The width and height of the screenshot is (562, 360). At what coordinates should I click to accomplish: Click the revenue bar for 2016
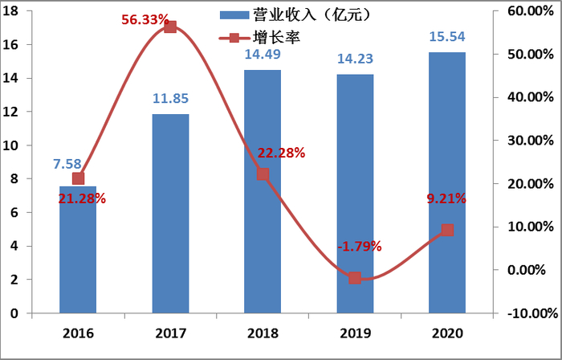pyautogui.click(x=78, y=249)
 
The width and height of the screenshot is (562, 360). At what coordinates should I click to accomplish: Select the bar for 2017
pyautogui.click(x=170, y=213)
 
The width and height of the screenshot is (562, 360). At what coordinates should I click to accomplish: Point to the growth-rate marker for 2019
pyautogui.click(x=355, y=277)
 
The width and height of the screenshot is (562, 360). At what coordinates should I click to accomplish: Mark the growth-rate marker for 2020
pyautogui.click(x=447, y=230)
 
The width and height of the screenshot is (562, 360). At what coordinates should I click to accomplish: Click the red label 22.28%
pyautogui.click(x=281, y=153)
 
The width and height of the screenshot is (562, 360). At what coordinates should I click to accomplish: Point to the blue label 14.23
pyautogui.click(x=355, y=59)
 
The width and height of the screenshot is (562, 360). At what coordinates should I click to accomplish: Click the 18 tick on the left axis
pyautogui.click(x=15, y=11)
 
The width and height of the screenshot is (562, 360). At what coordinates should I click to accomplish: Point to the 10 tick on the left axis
pyautogui.click(x=15, y=145)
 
